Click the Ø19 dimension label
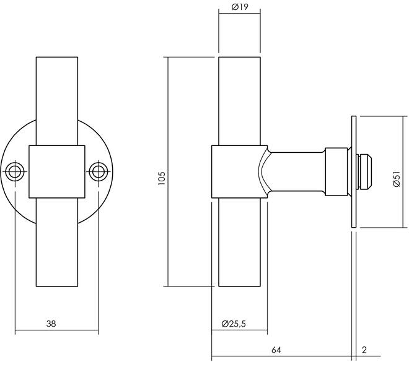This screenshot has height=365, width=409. point(240,7)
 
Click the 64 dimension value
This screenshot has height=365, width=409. point(276,350)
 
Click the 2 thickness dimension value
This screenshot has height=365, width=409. point(364,350)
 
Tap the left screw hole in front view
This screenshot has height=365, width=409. point(15,171)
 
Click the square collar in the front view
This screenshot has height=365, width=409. point(57,171)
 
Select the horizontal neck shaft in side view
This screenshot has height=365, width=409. point(297,171)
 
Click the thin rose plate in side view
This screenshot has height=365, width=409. point(353,171)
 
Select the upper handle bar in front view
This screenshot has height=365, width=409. point(57,99)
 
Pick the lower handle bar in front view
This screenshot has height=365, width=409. point(57,241)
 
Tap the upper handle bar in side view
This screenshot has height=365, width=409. point(239,99)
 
